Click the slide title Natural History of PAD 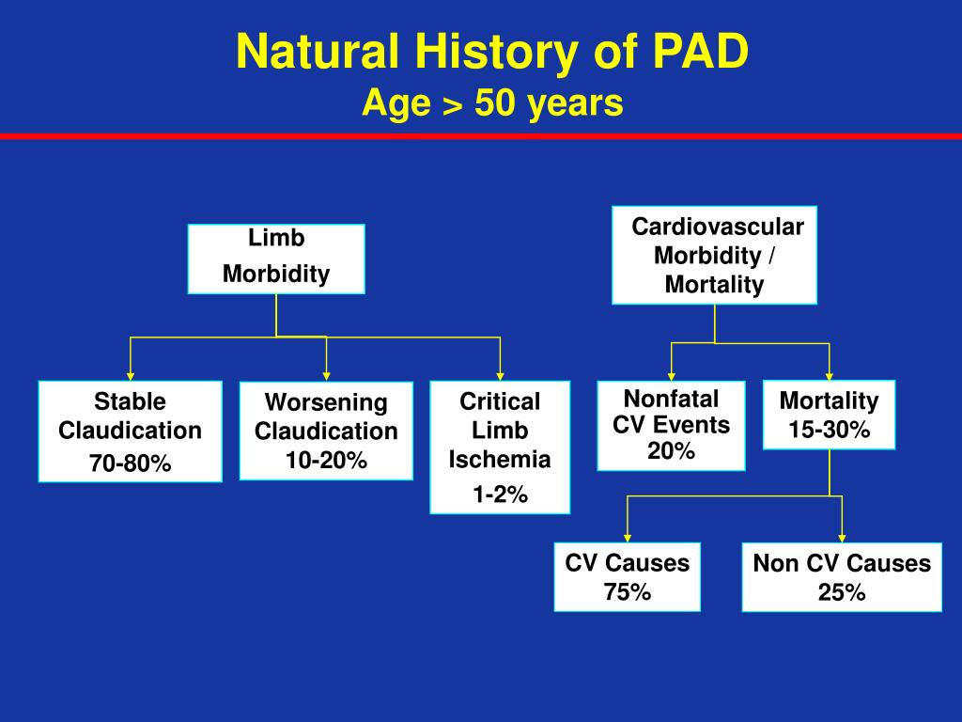492,52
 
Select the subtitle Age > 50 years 492,103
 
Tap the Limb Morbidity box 276,259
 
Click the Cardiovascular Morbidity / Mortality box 714,255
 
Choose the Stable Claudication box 130,431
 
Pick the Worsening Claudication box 325,431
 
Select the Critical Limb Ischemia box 500,447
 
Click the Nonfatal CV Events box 671,425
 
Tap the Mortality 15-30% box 829,415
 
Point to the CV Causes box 627,576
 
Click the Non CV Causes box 841,576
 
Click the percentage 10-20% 326,461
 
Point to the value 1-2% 500,495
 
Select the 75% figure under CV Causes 627,592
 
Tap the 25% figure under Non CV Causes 841,592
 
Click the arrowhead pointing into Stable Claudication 130,374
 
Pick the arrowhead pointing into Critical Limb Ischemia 500,374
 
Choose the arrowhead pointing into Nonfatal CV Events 671,374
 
